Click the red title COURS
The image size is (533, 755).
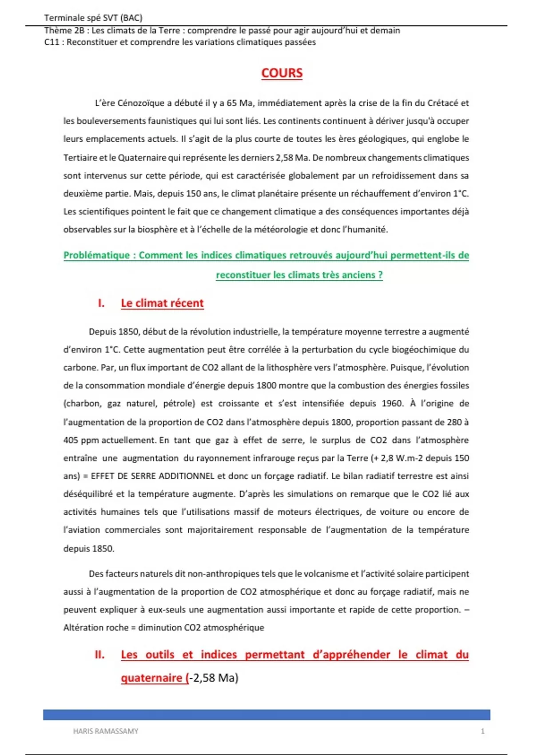point(282,73)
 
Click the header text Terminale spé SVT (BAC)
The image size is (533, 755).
point(93,18)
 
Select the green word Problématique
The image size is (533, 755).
point(96,255)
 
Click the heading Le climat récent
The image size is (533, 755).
point(162,303)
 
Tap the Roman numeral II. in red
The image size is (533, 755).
point(99,655)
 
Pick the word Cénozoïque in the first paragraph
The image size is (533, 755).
point(141,103)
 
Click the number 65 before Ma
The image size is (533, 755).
point(231,103)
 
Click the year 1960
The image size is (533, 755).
point(392,404)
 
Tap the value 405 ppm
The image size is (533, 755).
point(81,440)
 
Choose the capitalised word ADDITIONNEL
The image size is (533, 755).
point(187,476)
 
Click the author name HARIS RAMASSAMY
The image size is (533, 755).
point(106,731)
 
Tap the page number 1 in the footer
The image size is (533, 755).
point(482,731)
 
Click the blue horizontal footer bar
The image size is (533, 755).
point(266,715)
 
